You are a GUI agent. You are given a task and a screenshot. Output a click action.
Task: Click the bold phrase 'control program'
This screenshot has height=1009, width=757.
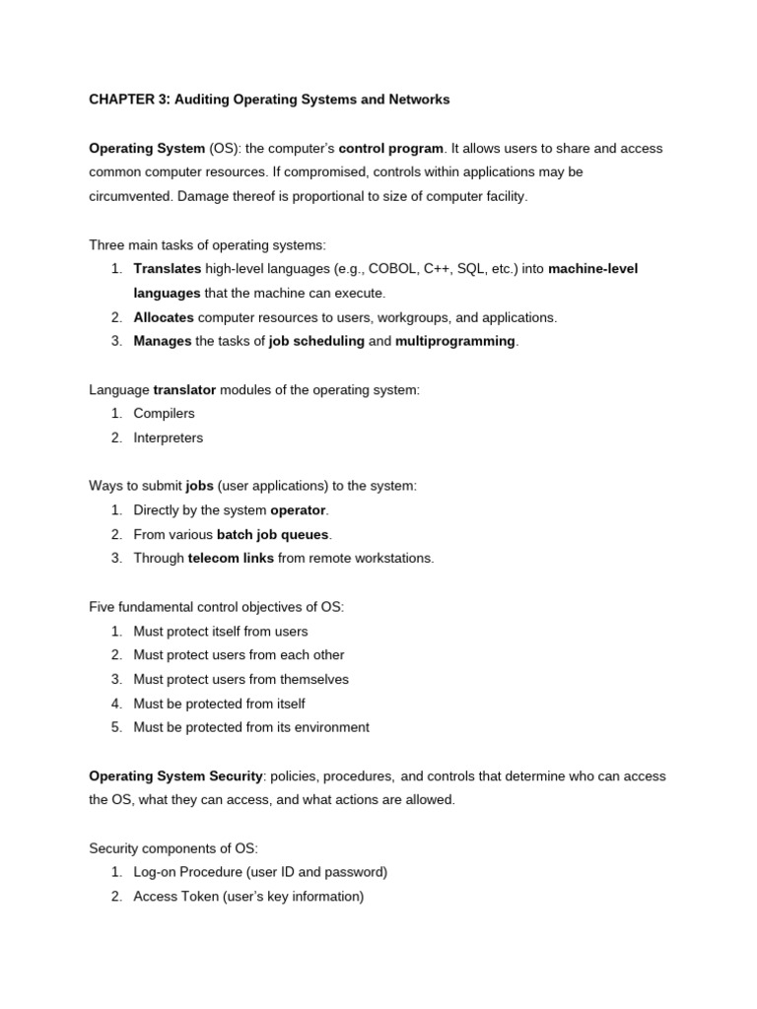pyautogui.click(x=390, y=148)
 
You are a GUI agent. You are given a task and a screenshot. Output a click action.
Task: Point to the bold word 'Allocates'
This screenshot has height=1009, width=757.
pyautogui.click(x=164, y=317)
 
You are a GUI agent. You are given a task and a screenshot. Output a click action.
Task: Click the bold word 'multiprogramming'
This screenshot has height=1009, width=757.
pyautogui.click(x=455, y=341)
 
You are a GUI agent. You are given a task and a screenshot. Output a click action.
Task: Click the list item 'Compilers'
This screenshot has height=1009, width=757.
pyautogui.click(x=165, y=414)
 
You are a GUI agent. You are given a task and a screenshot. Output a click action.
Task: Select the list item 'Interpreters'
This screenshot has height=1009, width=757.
pyautogui.click(x=169, y=437)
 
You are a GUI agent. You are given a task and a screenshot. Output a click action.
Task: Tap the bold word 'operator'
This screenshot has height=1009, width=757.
pyautogui.click(x=298, y=510)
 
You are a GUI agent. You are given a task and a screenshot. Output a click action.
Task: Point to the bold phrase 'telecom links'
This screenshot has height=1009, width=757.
pyautogui.click(x=231, y=558)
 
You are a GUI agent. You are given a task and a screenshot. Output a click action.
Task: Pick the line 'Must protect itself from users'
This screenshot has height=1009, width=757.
pyautogui.click(x=221, y=631)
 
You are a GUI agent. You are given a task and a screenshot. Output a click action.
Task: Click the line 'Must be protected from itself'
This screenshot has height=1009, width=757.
pyautogui.click(x=220, y=704)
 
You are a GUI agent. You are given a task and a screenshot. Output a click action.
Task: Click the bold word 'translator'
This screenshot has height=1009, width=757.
pyautogui.click(x=184, y=389)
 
